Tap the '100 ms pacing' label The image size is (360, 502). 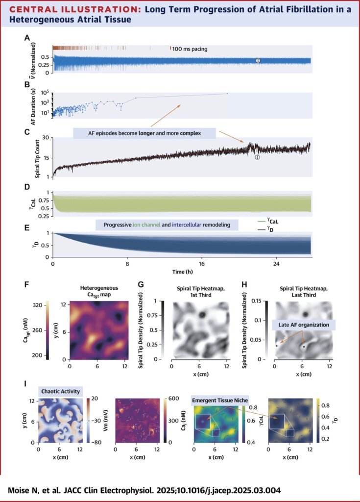(194, 48)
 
